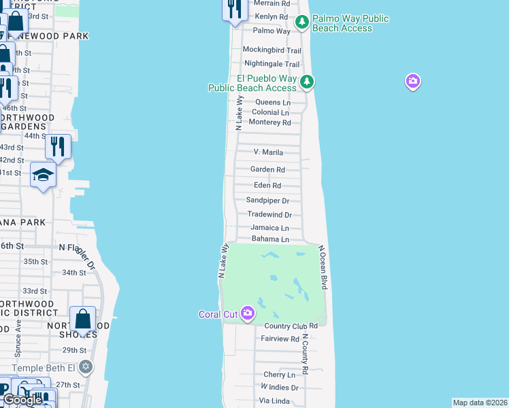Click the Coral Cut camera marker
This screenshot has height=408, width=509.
point(247,312)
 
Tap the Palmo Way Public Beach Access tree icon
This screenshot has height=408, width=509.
point(302,24)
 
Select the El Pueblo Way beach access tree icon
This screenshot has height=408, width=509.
point(307,82)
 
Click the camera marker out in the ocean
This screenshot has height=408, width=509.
point(412,82)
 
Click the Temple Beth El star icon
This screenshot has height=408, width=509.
point(85,367)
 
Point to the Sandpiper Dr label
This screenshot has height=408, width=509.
point(267,201)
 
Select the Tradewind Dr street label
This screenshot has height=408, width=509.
point(269,214)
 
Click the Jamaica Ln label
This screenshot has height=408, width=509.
point(269,227)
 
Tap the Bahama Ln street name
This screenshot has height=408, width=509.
point(270,239)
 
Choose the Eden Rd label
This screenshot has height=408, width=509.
point(267,185)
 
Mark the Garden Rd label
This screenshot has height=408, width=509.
point(267,169)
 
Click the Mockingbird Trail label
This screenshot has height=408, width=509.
point(272,50)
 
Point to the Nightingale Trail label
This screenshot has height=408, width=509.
point(272,64)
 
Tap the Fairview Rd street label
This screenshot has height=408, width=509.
point(280,339)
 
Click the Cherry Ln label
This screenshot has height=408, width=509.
point(280,375)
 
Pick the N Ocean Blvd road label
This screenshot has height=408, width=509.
point(324,268)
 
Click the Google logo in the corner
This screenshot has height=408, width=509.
point(22,400)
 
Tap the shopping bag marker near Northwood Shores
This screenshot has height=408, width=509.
point(82,319)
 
